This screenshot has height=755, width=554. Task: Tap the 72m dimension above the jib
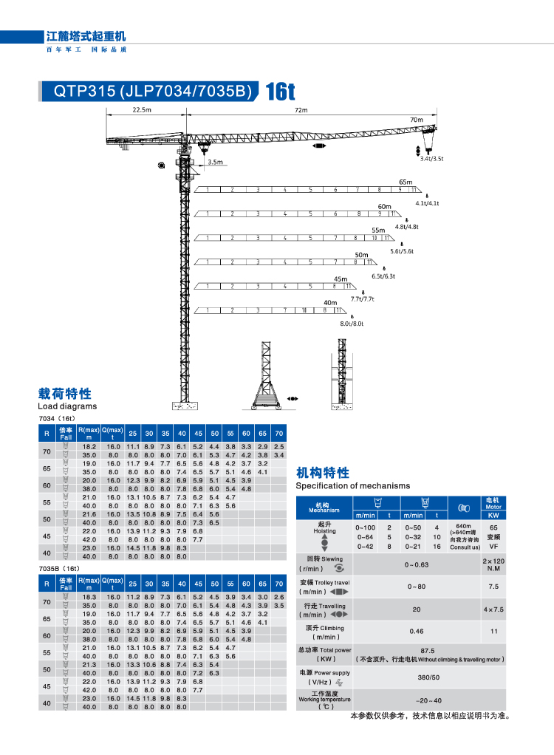point(301,110)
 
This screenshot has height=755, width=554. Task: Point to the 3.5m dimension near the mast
point(215,162)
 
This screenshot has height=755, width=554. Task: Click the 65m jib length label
point(406,182)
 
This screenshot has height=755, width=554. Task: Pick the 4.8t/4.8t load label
point(406,227)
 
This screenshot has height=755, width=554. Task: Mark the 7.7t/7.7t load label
point(363,299)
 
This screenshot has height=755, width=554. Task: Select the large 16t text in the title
point(280,92)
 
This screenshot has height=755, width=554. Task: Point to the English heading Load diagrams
point(67,406)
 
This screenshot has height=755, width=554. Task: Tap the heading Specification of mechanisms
point(352,485)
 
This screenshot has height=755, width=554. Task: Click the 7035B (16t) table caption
point(58,568)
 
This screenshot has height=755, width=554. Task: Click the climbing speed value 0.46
point(417,631)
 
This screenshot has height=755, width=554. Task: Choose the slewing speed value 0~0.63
point(417,564)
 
